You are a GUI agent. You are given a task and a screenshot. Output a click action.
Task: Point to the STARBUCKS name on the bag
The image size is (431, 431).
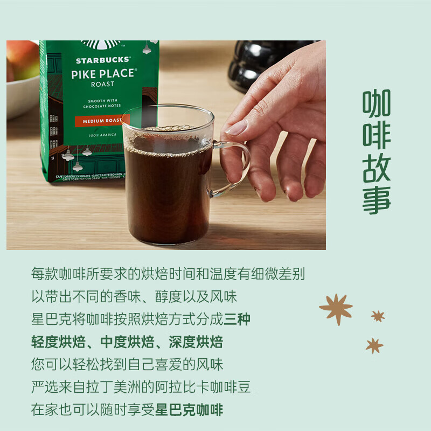(103, 60)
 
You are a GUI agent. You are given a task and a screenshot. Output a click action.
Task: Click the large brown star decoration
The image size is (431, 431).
(336, 309)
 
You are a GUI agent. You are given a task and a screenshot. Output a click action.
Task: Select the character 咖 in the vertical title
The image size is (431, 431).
(376, 103)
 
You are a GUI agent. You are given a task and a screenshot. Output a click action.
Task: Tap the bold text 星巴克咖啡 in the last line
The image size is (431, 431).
(189, 409)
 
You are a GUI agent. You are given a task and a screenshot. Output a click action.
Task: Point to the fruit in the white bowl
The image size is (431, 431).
(22, 59)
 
